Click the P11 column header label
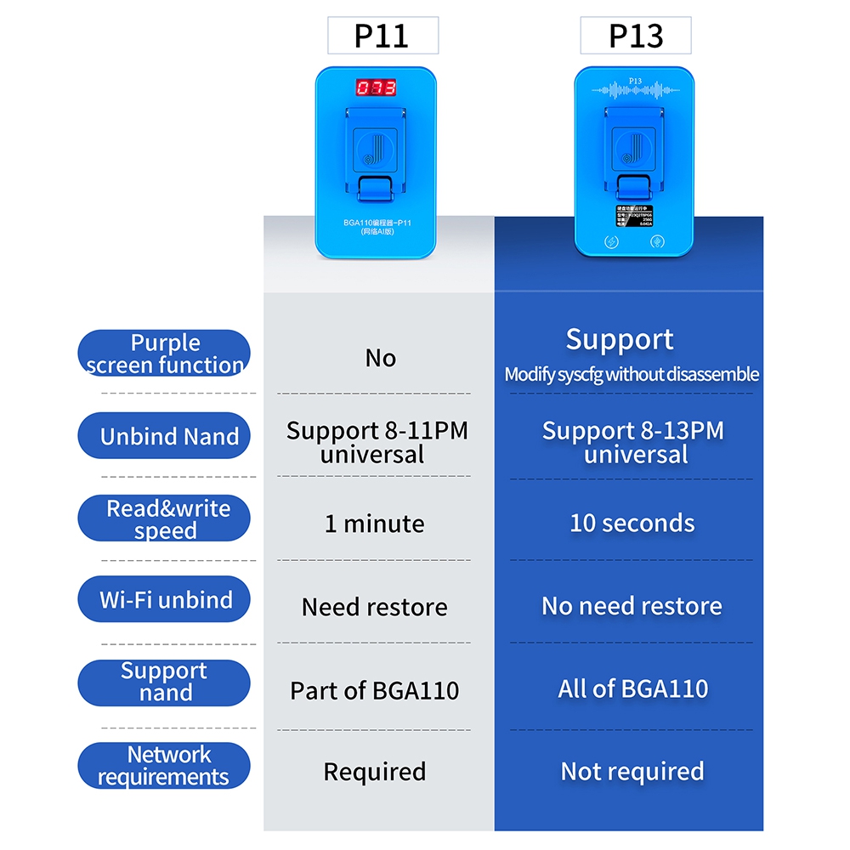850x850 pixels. (382, 37)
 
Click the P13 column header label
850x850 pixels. (636, 37)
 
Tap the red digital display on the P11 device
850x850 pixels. (376, 88)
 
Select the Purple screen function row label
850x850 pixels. (164, 354)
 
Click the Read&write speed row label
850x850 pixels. (164, 518)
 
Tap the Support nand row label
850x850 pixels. (164, 682)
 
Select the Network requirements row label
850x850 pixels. (164, 765)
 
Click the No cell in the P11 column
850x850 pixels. (380, 358)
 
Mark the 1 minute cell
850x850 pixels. (374, 523)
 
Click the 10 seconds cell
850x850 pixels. (632, 523)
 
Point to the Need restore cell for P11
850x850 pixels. (374, 607)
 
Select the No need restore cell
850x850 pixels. (632, 606)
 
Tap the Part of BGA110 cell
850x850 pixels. (374, 690)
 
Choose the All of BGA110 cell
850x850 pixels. (632, 688)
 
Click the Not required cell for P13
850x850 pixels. (632, 771)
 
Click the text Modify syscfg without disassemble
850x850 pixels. (632, 375)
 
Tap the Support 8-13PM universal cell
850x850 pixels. (633, 442)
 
